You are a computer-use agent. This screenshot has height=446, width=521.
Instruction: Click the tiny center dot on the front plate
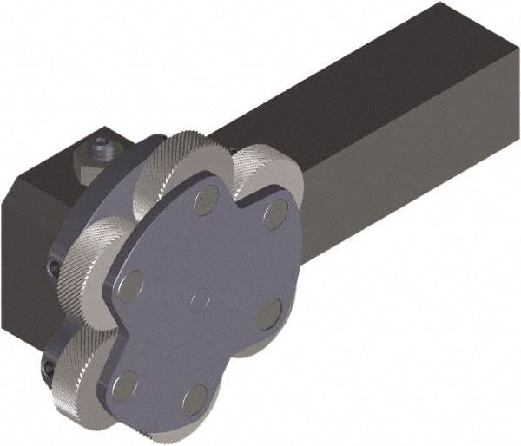click(200, 299)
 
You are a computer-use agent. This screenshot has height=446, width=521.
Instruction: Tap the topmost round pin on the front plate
click(206, 202)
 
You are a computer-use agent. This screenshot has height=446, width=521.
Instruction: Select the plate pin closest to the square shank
click(275, 214)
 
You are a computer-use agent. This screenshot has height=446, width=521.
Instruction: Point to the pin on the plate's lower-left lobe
click(127, 382)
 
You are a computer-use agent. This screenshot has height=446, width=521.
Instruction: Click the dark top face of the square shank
click(347, 87)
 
